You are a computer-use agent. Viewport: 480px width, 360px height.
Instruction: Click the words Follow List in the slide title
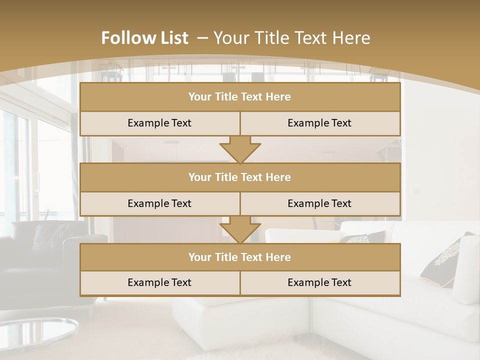144,38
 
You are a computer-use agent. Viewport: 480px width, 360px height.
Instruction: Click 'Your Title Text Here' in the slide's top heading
292,38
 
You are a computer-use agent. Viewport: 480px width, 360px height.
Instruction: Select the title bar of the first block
239,97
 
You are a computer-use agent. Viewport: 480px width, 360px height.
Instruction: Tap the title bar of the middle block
239,177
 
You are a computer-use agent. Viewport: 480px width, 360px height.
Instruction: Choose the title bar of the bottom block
239,257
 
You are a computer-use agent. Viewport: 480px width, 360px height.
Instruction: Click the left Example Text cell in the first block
159,123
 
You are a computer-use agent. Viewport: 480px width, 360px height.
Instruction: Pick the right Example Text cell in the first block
319,123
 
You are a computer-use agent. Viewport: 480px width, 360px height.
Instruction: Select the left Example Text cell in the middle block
159,203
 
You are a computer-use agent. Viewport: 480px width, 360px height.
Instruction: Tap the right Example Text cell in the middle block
319,203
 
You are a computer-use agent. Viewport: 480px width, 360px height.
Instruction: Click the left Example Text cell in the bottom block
159,282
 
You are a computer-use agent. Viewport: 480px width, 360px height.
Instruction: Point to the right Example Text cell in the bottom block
319,282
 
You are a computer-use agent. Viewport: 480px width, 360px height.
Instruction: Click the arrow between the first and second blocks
240,150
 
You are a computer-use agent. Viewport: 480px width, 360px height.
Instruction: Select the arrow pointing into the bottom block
240,230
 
